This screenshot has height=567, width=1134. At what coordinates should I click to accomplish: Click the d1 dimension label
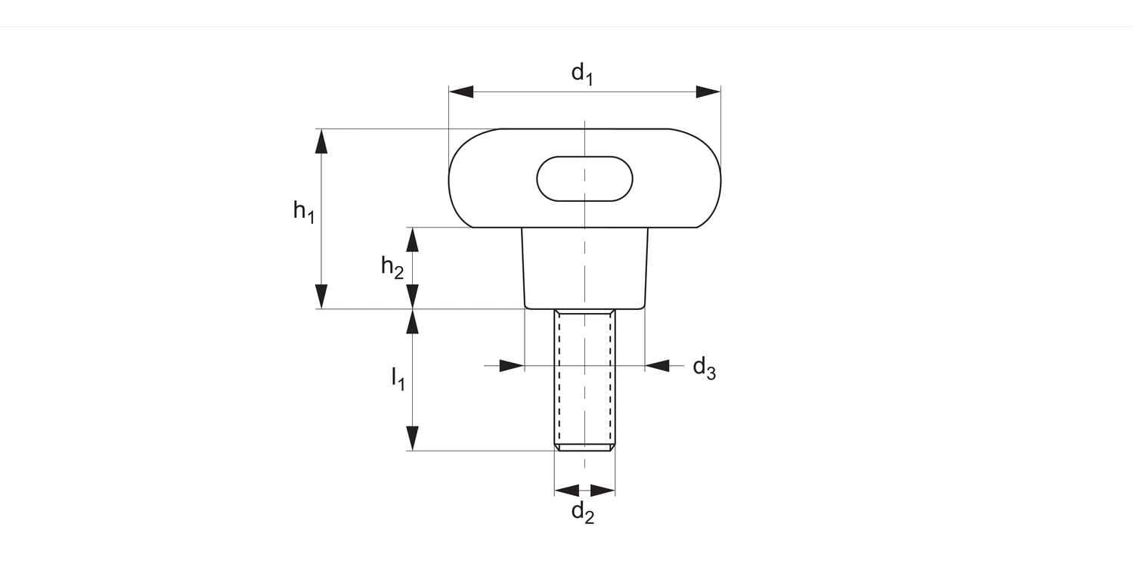pyautogui.click(x=581, y=74)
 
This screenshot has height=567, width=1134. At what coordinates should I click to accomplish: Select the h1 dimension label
pyautogui.click(x=304, y=211)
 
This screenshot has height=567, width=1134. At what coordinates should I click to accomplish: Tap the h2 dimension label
pyautogui.click(x=392, y=267)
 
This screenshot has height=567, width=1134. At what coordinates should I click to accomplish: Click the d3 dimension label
pyautogui.click(x=704, y=368)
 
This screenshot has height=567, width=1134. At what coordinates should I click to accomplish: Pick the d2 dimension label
pyautogui.click(x=582, y=513)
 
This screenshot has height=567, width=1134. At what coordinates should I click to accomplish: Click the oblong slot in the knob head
pyautogui.click(x=584, y=179)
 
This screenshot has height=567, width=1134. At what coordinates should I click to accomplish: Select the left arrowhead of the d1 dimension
pyautogui.click(x=461, y=91)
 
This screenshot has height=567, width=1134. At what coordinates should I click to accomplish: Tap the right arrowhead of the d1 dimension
pyautogui.click(x=708, y=91)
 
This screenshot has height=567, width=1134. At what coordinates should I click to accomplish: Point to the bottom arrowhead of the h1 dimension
pyautogui.click(x=322, y=296)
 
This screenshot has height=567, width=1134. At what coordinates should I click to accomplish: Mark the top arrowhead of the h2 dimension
pyautogui.click(x=412, y=239)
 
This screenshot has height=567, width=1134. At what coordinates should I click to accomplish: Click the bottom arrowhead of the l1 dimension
pyautogui.click(x=412, y=438)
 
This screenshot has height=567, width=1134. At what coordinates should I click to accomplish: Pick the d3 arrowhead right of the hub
pyautogui.click(x=657, y=366)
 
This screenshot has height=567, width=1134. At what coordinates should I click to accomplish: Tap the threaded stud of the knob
pyautogui.click(x=584, y=378)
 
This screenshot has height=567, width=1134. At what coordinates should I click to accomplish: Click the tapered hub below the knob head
pyautogui.click(x=584, y=268)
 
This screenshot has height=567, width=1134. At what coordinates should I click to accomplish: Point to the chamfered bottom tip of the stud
pyautogui.click(x=584, y=448)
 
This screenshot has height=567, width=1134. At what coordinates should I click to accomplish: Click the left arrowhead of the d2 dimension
pyautogui.click(x=567, y=490)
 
